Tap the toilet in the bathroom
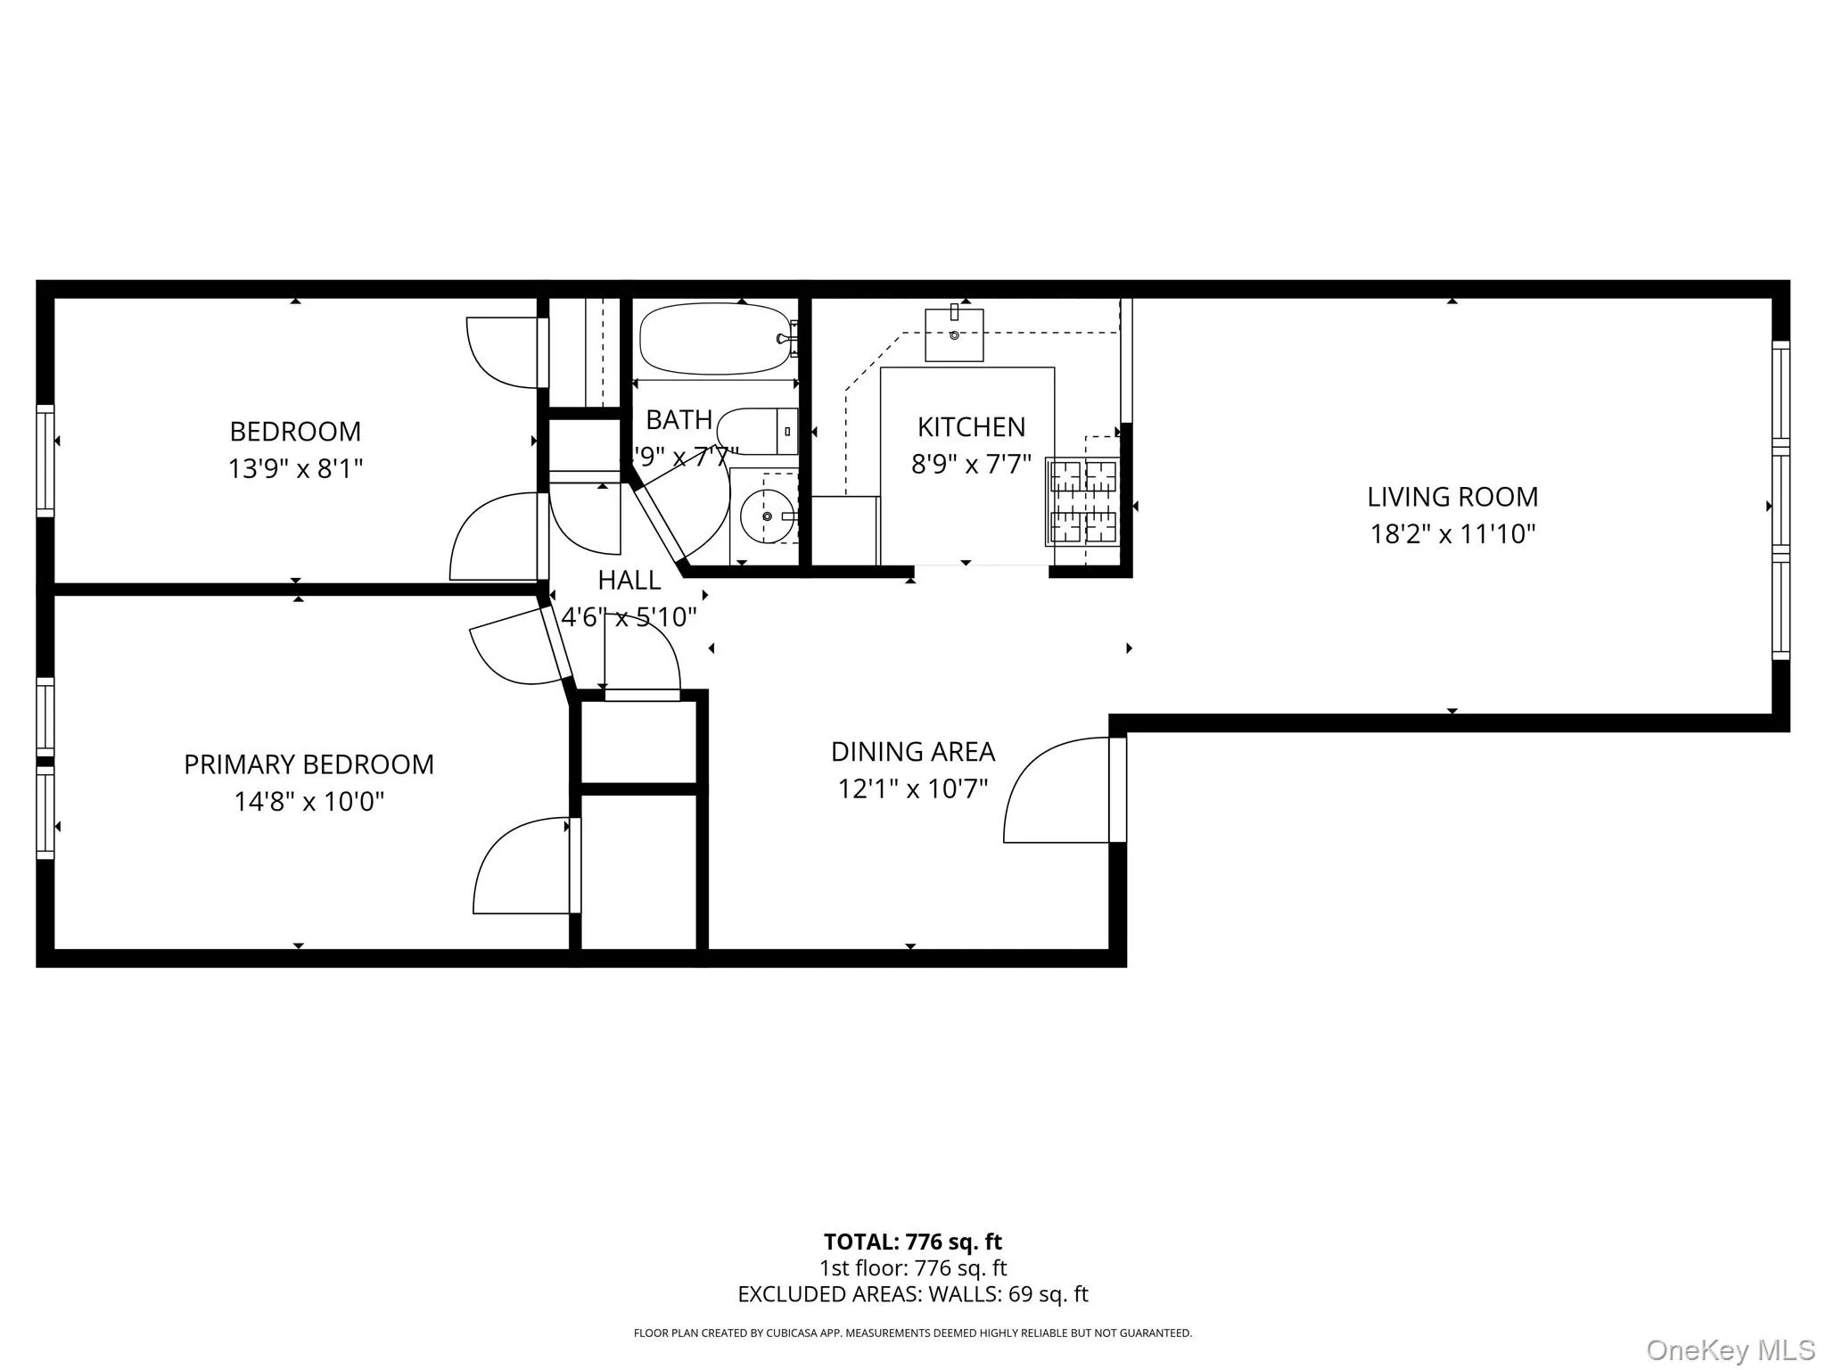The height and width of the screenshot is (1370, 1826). click(x=758, y=432)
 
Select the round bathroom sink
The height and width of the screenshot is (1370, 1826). click(x=766, y=516)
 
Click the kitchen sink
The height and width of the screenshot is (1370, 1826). click(x=954, y=334)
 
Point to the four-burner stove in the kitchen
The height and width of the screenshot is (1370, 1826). click(x=1082, y=501)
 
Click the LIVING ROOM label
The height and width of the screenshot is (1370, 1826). click(x=1452, y=497)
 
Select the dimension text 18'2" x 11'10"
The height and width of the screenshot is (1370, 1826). click(x=1452, y=534)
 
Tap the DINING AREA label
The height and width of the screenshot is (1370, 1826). click(x=912, y=752)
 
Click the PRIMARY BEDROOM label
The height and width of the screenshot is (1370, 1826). click(x=308, y=764)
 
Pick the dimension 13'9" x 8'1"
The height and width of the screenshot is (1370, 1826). click(x=295, y=468)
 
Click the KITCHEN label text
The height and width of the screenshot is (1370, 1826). click(x=971, y=427)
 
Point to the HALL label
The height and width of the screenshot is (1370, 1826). click(x=629, y=581)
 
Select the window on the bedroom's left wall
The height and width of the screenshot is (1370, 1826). click(x=45, y=460)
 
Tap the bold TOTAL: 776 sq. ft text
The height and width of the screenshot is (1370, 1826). click(x=912, y=1242)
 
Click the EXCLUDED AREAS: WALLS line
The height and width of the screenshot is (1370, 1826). click(x=912, y=1294)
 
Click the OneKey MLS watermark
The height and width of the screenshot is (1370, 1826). click(x=1730, y=1349)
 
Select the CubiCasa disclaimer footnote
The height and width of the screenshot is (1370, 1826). click(x=912, y=1333)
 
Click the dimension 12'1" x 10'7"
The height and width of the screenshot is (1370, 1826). click(x=912, y=789)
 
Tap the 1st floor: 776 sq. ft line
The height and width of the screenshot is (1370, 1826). click(x=912, y=1268)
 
